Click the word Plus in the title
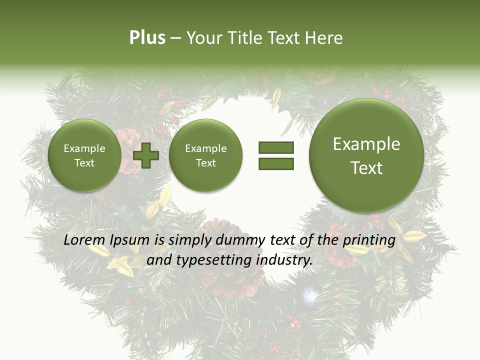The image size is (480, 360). click(x=147, y=37)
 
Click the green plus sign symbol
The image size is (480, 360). click(x=146, y=155)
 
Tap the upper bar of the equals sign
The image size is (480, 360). click(x=276, y=147)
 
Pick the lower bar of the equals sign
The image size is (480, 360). click(x=276, y=163)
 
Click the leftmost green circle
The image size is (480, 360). click(x=84, y=155)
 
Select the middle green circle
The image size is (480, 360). click(x=205, y=155)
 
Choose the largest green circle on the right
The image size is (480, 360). click(x=366, y=155)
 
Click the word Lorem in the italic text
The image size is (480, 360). click(x=84, y=240)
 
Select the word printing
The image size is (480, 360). click(x=368, y=240)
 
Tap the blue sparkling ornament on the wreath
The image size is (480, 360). click(x=309, y=295)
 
